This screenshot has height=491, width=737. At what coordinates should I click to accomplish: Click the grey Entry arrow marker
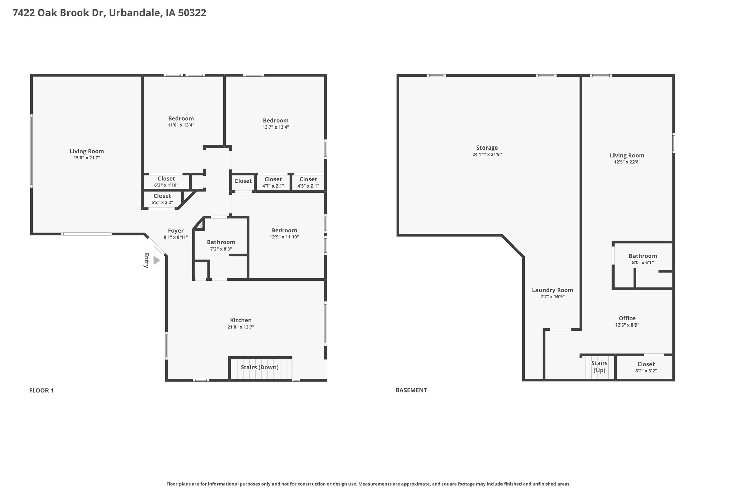[x=156, y=260]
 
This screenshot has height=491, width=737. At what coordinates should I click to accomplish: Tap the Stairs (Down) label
[x=260, y=367]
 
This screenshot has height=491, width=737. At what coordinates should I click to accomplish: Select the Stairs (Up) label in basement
[x=599, y=367]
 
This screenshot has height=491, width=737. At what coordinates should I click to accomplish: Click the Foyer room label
[x=175, y=231]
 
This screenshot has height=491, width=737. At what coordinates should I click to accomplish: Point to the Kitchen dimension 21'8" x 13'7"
[x=241, y=327]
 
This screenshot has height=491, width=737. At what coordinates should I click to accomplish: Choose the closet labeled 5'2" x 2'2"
[x=162, y=199]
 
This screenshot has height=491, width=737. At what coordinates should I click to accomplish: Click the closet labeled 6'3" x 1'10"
[x=166, y=182]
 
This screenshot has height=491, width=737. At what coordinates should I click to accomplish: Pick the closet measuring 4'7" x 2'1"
[x=273, y=182]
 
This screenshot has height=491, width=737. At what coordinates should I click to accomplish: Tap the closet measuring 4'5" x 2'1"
[x=308, y=182]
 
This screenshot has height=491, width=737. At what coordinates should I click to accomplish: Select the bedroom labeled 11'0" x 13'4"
[x=181, y=121]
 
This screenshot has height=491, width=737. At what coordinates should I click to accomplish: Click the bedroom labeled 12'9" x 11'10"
[x=284, y=233]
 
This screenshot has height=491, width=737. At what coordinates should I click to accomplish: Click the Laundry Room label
[x=552, y=290]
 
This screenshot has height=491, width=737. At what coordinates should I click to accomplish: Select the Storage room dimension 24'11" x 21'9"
[x=487, y=154]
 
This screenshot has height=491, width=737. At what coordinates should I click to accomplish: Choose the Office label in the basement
[x=627, y=318]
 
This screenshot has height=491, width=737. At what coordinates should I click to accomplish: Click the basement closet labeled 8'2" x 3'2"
[x=646, y=367]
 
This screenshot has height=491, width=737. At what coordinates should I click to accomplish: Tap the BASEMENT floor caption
[x=411, y=390]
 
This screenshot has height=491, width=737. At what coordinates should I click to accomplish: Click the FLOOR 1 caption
[x=41, y=390]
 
